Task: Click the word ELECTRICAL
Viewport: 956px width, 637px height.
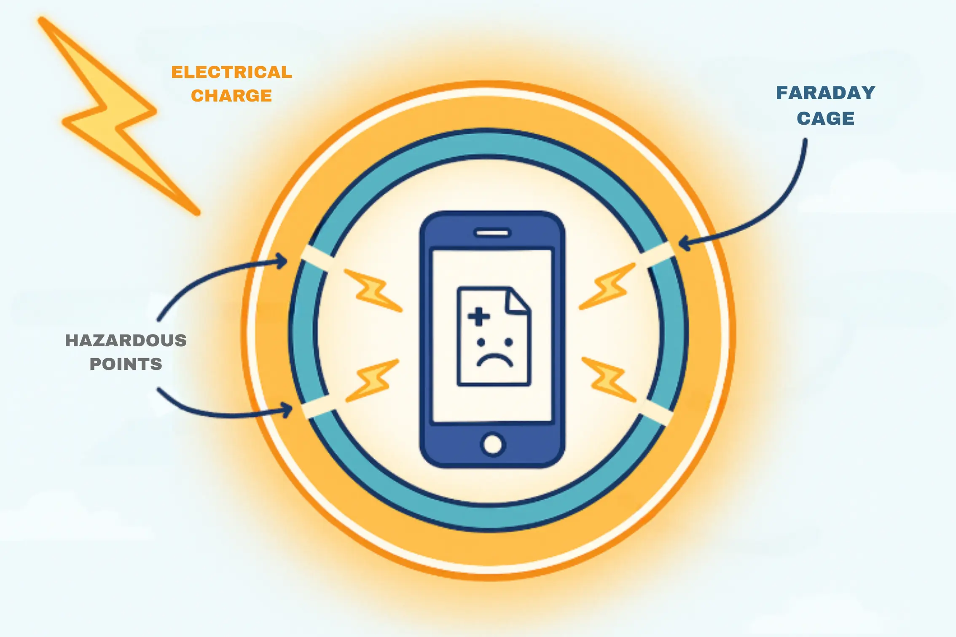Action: pos(231,72)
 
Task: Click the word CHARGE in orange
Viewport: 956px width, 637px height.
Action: pos(231,96)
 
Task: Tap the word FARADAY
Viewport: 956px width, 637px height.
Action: pos(825,93)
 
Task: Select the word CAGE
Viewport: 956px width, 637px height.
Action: pos(825,118)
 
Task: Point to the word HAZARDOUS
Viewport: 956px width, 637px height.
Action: pos(126,340)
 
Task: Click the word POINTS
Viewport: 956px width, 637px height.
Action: pos(126,364)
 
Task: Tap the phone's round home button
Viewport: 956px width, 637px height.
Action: pos(493,444)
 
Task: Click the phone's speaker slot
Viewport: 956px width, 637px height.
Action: pos(492,233)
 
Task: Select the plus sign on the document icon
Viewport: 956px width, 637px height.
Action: pos(479,316)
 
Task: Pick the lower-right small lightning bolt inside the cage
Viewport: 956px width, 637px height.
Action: pos(609,379)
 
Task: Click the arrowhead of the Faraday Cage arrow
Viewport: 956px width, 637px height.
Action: pos(683,243)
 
